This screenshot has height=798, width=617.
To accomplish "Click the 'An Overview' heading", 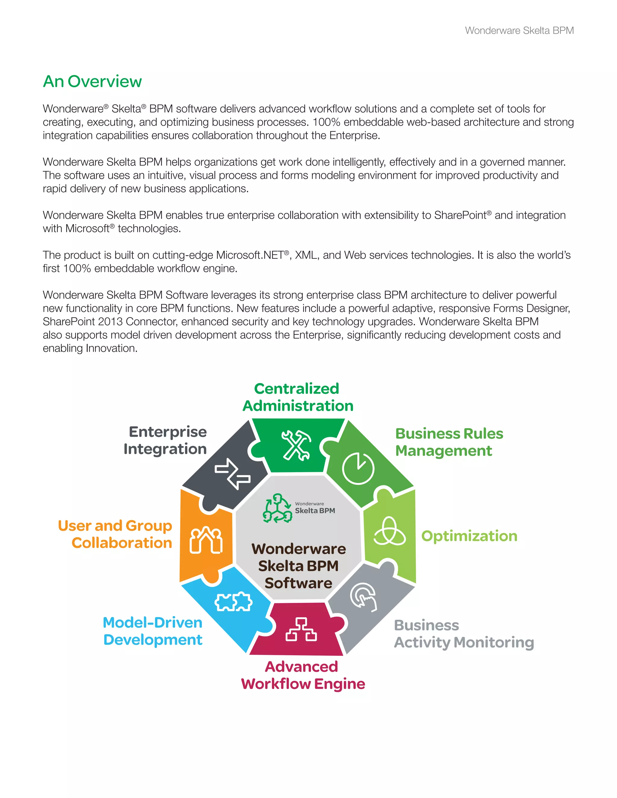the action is click(92, 82).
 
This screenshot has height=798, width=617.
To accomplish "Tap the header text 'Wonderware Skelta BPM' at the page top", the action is click(519, 31).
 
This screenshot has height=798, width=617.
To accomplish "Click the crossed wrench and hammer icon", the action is click(296, 445).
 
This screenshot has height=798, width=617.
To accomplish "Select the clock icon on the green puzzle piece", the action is click(358, 469).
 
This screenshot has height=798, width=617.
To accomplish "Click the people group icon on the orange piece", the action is click(206, 540).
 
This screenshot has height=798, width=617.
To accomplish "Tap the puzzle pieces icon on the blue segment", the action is click(233, 601).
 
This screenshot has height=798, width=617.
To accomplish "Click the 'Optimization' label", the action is click(469, 536).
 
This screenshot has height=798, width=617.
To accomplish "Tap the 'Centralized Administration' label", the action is click(298, 397).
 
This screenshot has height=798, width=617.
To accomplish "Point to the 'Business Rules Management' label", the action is click(449, 442).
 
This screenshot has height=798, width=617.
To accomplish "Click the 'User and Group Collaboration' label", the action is click(115, 534).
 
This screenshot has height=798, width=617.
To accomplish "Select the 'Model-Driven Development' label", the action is click(153, 631).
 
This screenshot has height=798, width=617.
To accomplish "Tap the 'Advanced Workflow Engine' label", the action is click(303, 675).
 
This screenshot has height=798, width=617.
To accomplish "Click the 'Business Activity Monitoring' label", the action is click(463, 634).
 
